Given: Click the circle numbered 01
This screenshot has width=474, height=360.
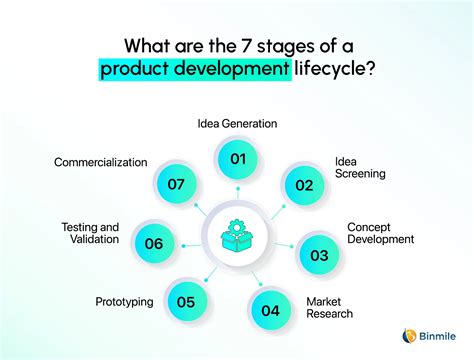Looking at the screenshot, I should [237, 158].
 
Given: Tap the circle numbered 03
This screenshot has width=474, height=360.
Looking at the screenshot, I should [318, 254].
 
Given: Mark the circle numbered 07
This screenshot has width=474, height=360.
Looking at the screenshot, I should [178, 184].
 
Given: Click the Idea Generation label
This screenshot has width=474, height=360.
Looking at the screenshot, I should [237, 124].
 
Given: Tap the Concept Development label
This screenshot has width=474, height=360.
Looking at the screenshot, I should [380, 233].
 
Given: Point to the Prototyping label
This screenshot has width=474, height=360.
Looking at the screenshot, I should [124, 301].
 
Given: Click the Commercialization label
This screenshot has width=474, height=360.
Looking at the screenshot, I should [100, 161].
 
